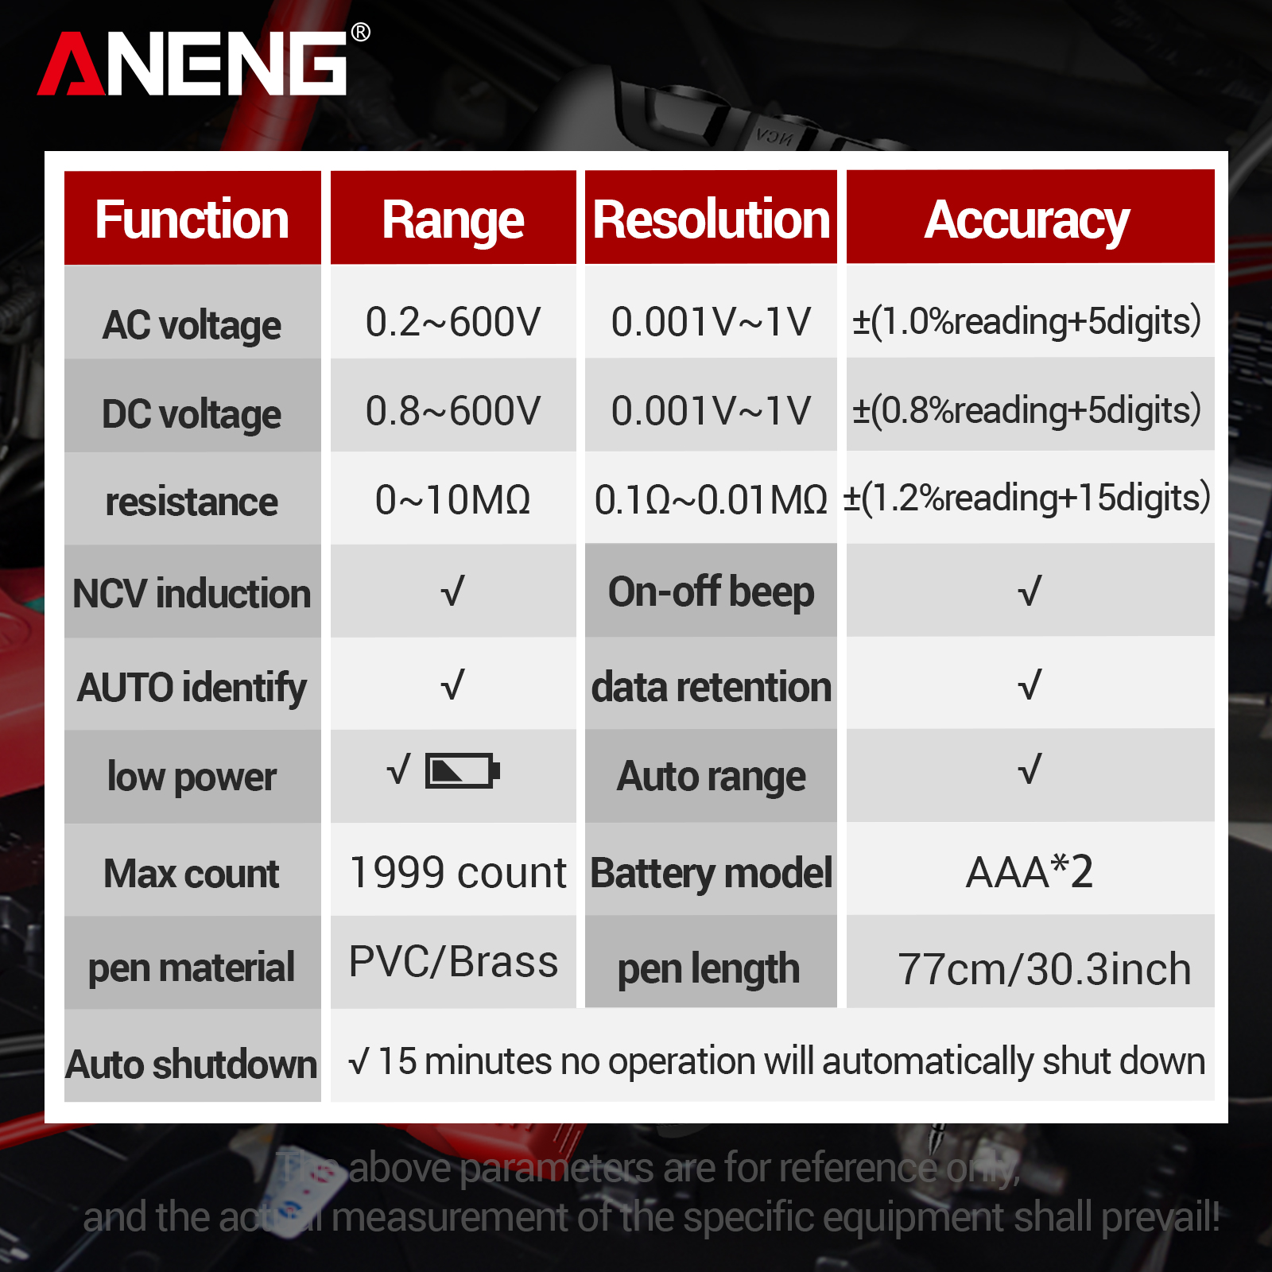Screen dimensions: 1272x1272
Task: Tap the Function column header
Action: [x=192, y=219]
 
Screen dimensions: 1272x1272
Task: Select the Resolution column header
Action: [x=712, y=219]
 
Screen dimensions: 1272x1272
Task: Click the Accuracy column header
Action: [x=1027, y=220]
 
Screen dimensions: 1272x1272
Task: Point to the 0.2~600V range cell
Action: [x=453, y=322]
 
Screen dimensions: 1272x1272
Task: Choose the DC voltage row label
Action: [x=192, y=414]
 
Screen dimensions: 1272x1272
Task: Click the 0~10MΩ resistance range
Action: [x=453, y=500]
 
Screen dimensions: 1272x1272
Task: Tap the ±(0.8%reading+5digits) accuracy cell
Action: [x=1026, y=410]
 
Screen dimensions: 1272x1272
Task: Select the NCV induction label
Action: [x=192, y=594]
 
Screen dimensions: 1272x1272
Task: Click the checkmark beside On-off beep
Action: [x=1030, y=591]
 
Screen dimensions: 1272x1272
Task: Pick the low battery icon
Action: [x=463, y=770]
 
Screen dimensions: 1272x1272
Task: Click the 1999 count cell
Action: [x=458, y=873]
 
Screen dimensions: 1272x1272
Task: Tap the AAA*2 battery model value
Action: [x=1030, y=871]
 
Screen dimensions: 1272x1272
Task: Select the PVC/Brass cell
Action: [x=454, y=962]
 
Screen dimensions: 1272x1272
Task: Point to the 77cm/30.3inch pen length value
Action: [x=1045, y=969]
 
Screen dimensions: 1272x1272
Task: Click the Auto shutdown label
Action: [x=192, y=1065]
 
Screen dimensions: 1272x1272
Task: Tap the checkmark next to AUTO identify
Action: [x=452, y=684]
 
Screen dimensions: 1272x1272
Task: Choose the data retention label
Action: [x=712, y=687]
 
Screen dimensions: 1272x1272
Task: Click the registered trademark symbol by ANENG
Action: [x=360, y=32]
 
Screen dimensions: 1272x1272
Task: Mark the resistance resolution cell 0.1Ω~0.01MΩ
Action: [x=712, y=500]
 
